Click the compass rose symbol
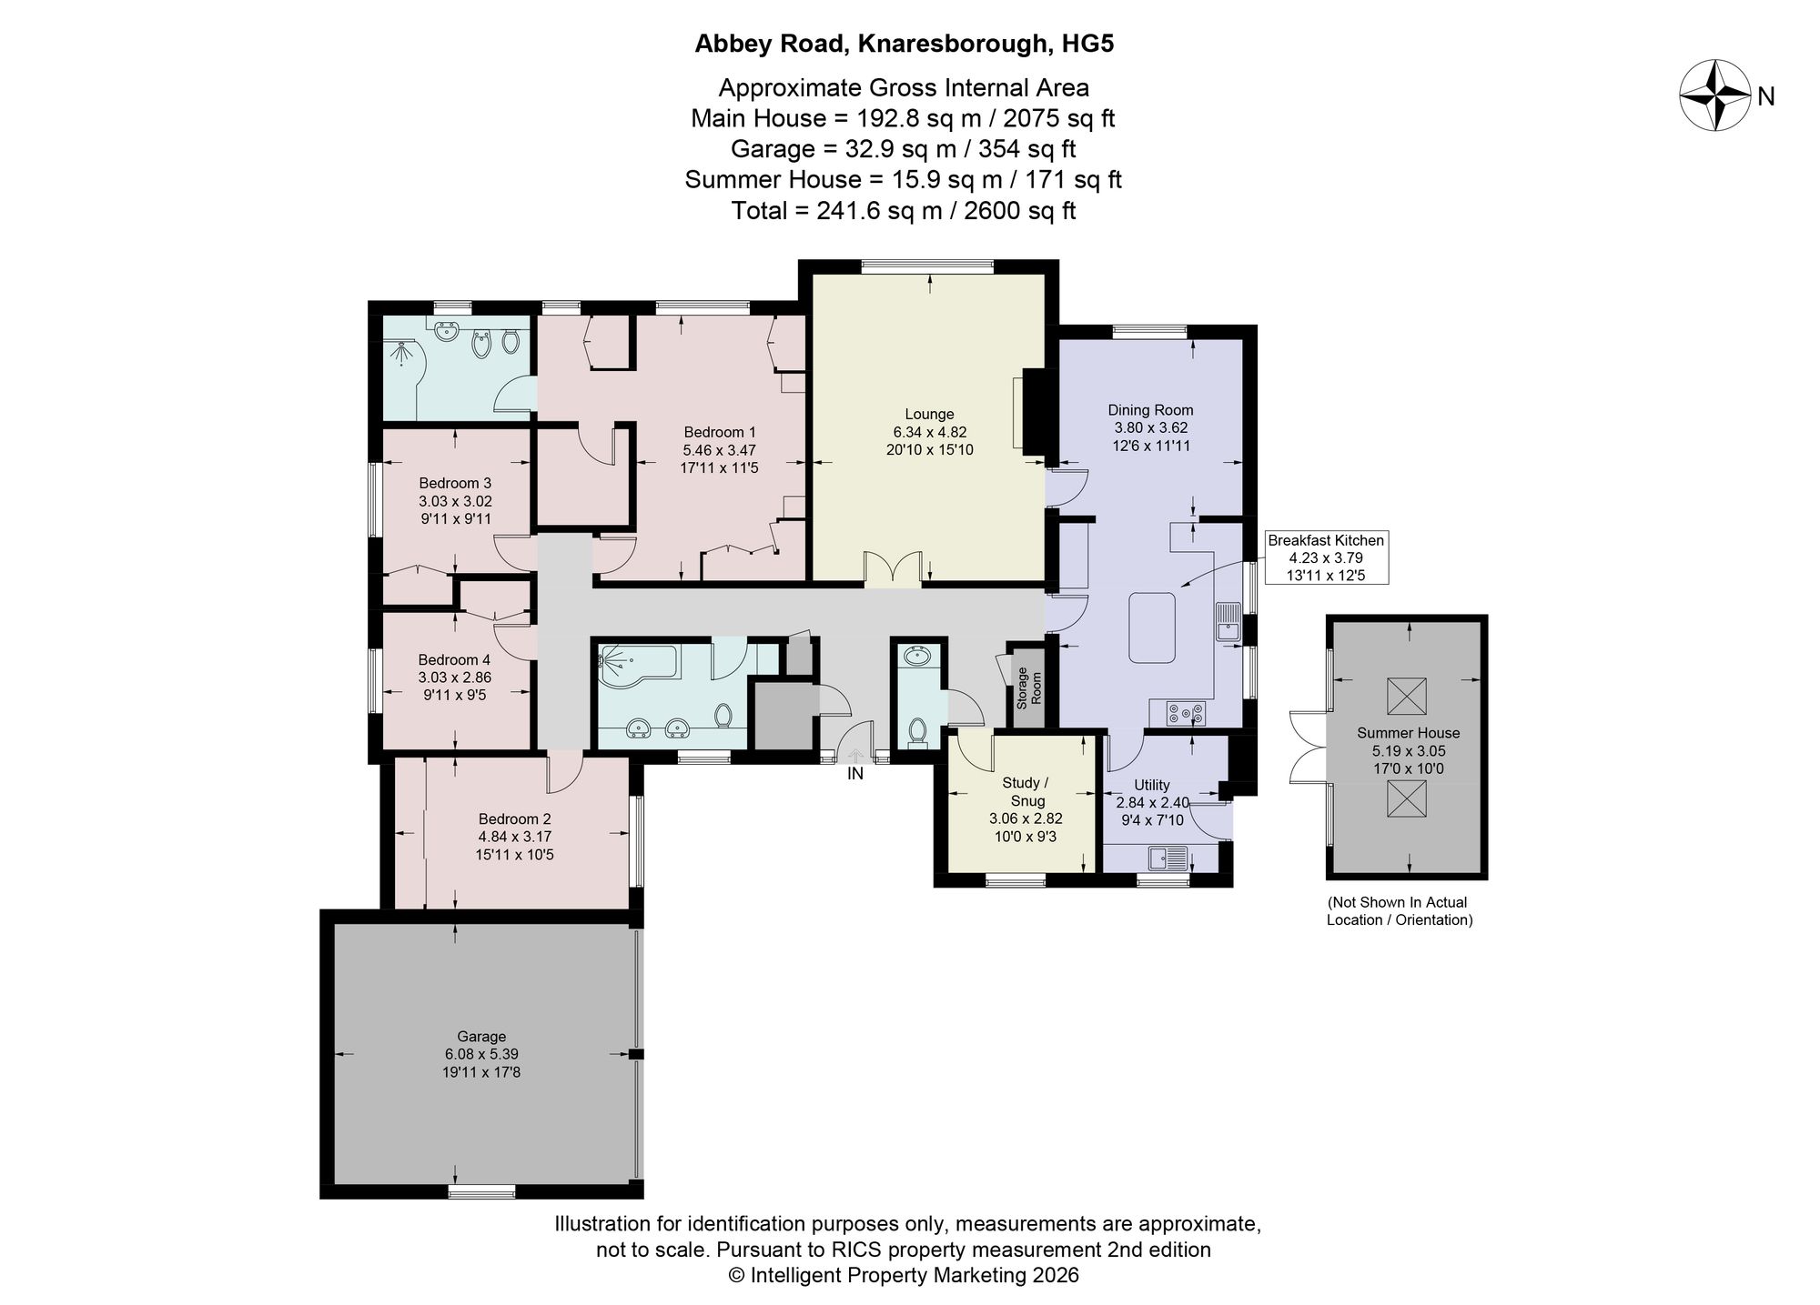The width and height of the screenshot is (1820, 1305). [1714, 95]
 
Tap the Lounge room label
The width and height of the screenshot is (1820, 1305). [929, 414]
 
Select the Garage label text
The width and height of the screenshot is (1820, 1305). [481, 1036]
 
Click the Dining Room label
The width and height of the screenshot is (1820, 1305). [1150, 410]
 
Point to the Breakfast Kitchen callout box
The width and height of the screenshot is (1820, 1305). [1326, 557]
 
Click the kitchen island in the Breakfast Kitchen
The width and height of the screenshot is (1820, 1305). [1152, 627]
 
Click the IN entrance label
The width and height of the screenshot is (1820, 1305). [855, 774]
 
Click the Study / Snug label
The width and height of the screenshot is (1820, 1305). [1026, 792]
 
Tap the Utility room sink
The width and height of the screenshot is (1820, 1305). [1168, 858]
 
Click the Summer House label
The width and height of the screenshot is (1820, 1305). [1408, 733]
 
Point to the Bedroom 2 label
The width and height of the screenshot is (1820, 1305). [514, 818]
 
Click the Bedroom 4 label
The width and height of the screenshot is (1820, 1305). [454, 659]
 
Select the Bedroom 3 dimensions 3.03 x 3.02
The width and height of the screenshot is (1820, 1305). [455, 501]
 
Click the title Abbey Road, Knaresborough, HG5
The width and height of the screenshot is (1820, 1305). [905, 44]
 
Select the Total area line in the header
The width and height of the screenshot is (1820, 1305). [904, 211]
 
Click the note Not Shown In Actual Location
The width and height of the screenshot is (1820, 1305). [1400, 911]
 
